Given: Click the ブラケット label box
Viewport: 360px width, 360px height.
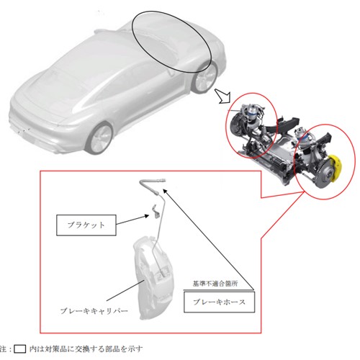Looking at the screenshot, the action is [86, 225].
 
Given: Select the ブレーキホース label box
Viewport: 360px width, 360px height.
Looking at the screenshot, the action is [219, 302].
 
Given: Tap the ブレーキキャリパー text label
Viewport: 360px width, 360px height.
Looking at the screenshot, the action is [94, 311].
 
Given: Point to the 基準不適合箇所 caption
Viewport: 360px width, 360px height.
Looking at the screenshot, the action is [215, 284].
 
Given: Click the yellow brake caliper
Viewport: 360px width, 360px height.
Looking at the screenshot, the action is [335, 168].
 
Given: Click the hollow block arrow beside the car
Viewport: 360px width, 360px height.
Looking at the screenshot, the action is [222, 96].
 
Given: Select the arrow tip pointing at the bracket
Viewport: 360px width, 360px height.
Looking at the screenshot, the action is [148, 216].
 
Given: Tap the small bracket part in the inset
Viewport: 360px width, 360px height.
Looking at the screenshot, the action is [156, 211].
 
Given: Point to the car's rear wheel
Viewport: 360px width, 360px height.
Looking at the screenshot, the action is [100, 138].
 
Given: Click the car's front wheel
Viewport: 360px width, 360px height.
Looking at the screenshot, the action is [204, 77].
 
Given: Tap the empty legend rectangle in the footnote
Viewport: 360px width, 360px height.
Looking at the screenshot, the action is [19, 349].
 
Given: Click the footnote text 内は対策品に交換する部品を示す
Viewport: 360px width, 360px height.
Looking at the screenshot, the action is [86, 348].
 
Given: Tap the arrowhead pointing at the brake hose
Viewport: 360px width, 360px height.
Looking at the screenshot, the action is [165, 191].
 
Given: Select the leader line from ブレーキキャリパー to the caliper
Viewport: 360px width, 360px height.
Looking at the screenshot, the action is [125, 290].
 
